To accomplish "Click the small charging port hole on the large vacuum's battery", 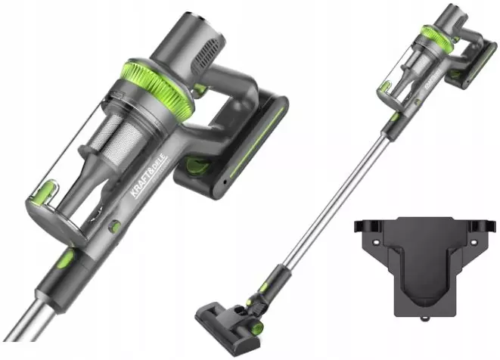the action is pyautogui.click(x=225, y=182).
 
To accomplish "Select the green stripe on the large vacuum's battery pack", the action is pyautogui.click(x=257, y=141).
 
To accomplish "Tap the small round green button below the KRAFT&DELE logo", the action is pyautogui.click(x=115, y=226).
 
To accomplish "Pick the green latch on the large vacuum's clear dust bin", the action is pyautogui.click(x=46, y=193).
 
